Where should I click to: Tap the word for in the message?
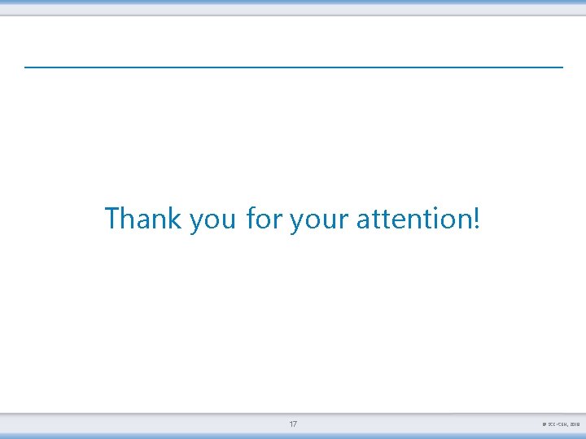point(263,219)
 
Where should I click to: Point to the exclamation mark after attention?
point(476,219)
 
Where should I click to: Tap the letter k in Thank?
point(174,218)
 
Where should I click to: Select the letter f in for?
point(250,218)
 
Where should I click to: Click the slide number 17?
point(293,424)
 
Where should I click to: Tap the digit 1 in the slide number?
point(291,424)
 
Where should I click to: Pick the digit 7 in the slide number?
point(295,424)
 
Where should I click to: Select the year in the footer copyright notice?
point(574,425)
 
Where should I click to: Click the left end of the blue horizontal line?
point(26,67)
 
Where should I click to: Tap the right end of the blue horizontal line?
point(562,67)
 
